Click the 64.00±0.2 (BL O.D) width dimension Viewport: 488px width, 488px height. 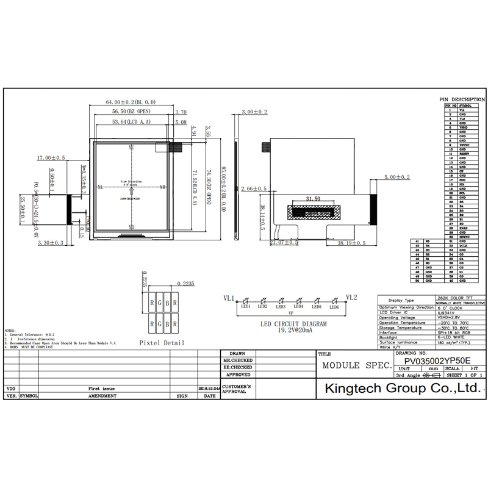coord(131,102)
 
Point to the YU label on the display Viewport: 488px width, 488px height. coord(131,148)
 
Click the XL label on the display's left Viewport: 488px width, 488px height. coord(99,187)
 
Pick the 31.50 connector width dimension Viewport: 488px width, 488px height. coord(313,199)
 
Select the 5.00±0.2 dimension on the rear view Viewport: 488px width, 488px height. coord(397,177)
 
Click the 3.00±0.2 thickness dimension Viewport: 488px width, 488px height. coord(254,112)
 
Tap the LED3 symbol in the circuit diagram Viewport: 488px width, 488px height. coord(281,302)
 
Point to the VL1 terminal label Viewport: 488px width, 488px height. coord(229,298)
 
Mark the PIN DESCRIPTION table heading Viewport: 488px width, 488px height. coord(462,99)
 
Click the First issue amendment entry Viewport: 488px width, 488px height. coord(101,388)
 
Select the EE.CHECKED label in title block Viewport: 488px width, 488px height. coord(237,368)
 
